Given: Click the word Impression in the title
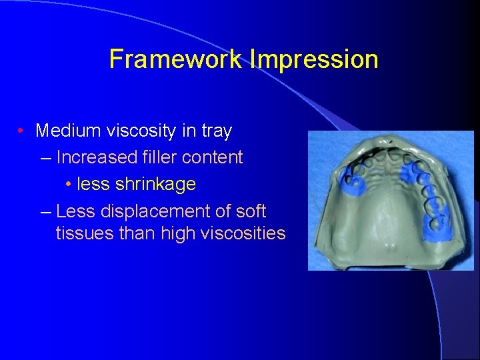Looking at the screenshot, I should tap(315, 59).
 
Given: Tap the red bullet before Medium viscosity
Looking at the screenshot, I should tap(22, 131).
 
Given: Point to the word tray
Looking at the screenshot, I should tap(216, 131).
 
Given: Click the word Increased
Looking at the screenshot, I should tap(97, 157).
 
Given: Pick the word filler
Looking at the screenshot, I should tap(158, 157).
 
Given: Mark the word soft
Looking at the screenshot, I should tap(250, 211).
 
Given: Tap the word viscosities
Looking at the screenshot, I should tap(239, 233).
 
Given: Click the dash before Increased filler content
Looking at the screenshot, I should tap(45, 158).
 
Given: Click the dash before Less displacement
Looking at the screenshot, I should tap(45, 212).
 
